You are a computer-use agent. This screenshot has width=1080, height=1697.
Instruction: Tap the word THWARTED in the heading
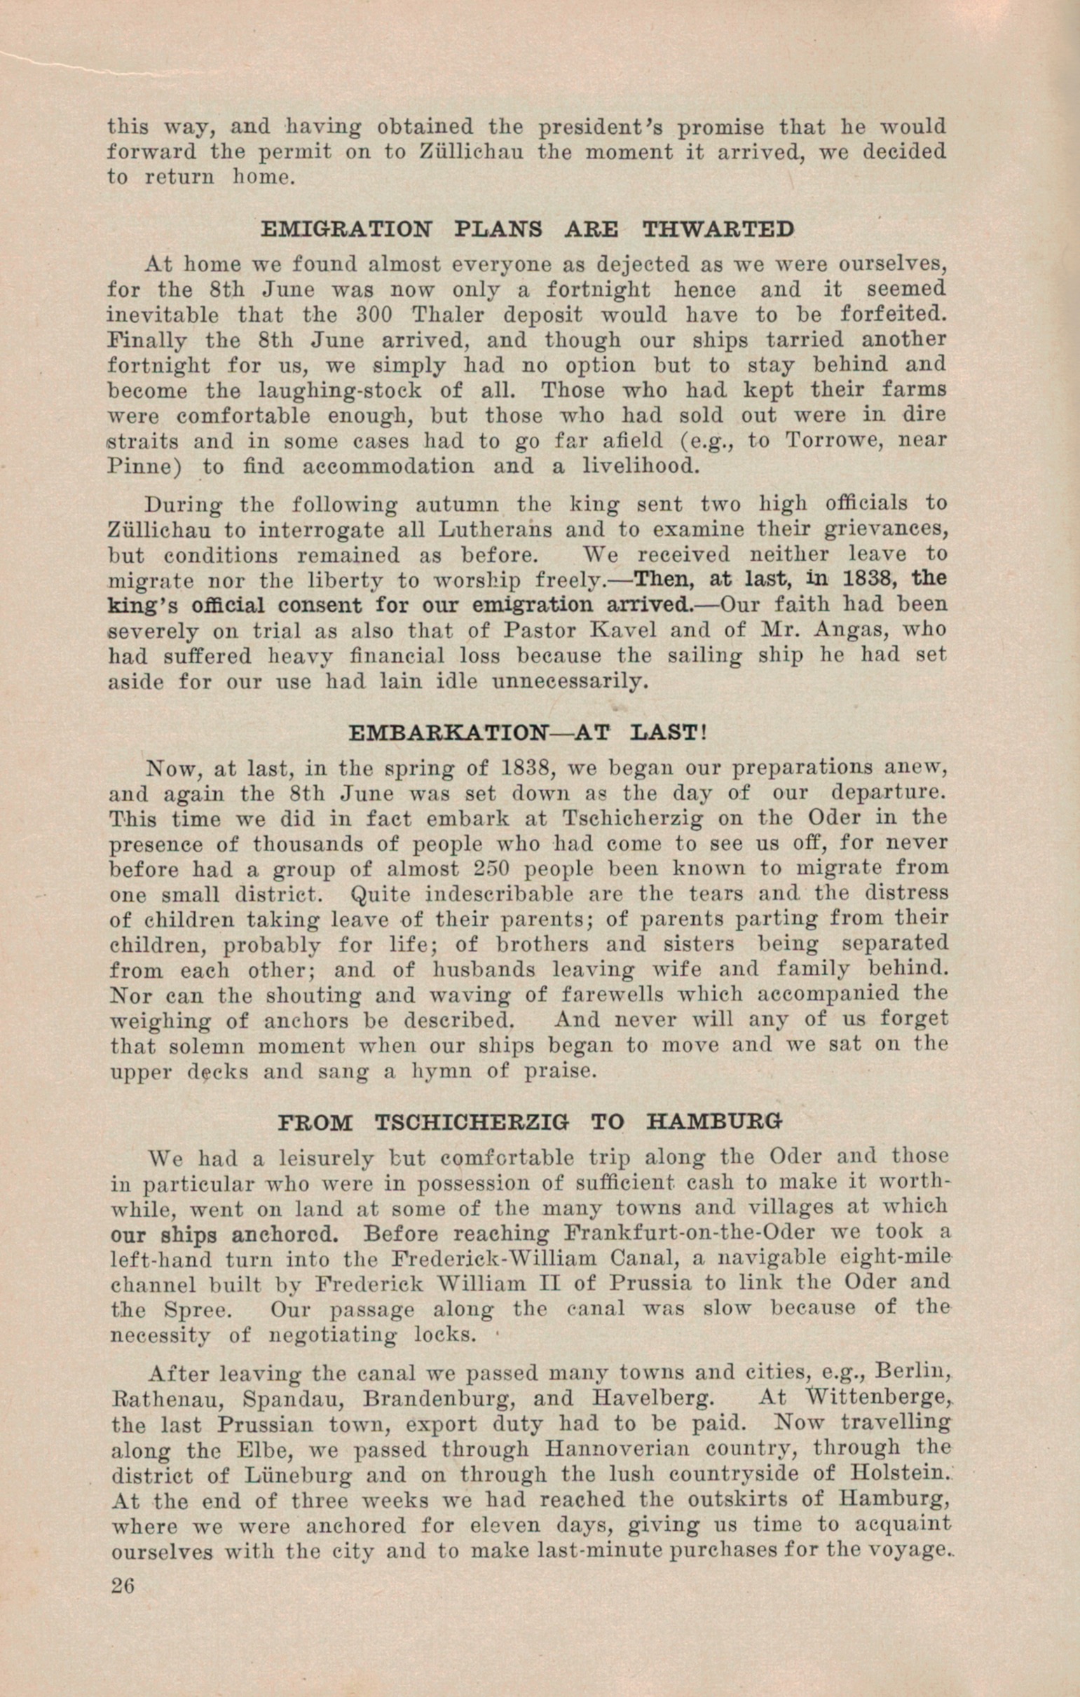718,230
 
